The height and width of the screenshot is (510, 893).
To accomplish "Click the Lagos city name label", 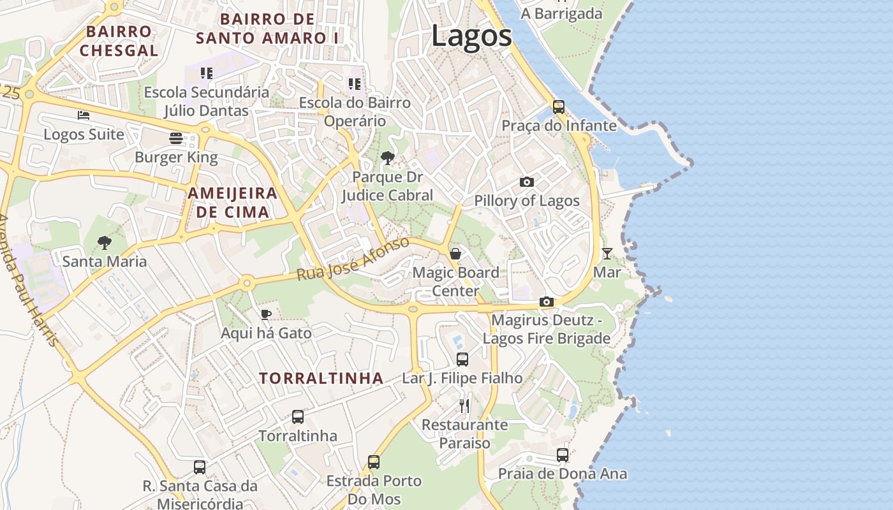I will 471,36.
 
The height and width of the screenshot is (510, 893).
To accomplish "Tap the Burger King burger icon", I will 176,138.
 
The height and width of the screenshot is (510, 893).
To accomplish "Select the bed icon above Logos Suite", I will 84,115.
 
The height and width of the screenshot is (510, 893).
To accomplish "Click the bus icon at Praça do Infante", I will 559,106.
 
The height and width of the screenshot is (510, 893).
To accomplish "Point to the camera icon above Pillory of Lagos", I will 527,182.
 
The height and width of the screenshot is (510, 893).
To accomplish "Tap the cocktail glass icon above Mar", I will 607,254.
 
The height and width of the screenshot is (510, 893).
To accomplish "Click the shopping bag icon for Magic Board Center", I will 455,254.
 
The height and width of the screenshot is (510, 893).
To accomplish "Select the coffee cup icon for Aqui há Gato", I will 266,314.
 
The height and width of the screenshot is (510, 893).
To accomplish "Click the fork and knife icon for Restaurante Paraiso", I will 464,406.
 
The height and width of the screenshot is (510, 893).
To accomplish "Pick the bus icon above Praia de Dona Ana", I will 563,455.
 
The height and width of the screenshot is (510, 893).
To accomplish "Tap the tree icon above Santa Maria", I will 105,243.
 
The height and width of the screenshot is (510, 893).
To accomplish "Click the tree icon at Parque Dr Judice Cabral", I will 387,158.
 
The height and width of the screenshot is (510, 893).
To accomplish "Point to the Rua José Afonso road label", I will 353,259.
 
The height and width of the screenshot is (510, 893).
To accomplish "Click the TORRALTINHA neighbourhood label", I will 321,378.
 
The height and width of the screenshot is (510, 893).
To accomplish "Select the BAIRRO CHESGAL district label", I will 119,41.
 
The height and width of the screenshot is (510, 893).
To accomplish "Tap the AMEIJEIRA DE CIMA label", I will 233,203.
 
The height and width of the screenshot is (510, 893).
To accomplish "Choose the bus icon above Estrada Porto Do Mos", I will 374,462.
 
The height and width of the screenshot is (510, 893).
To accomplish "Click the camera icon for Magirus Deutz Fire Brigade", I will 547,302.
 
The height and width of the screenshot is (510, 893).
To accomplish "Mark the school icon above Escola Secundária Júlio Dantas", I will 206,73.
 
